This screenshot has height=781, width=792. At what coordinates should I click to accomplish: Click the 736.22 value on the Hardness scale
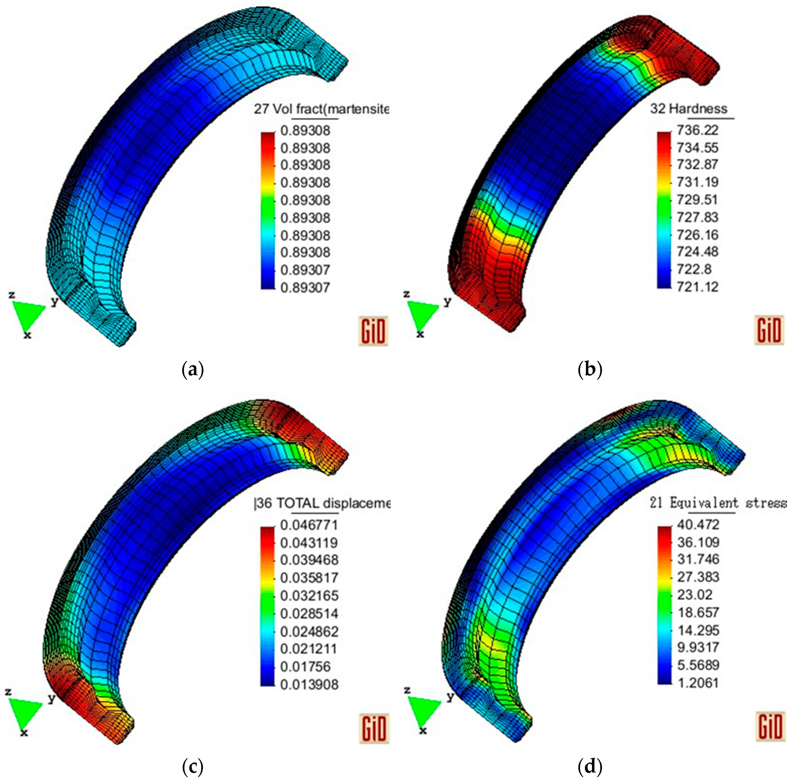(x=697, y=130)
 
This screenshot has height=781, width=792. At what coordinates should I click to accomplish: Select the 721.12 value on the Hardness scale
(x=697, y=287)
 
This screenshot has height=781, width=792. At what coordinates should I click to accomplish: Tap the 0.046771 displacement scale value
(x=309, y=525)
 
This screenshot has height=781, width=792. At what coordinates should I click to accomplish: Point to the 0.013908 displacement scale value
(x=309, y=684)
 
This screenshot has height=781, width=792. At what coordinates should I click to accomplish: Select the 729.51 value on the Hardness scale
(x=697, y=200)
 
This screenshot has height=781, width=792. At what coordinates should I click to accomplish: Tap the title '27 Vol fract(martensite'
(x=321, y=109)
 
